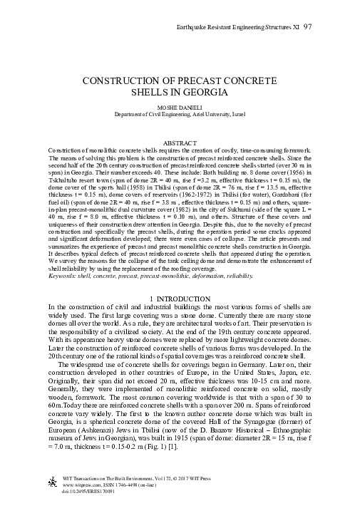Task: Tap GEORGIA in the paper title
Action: tap(208, 93)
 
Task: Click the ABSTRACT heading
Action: tap(180, 142)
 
